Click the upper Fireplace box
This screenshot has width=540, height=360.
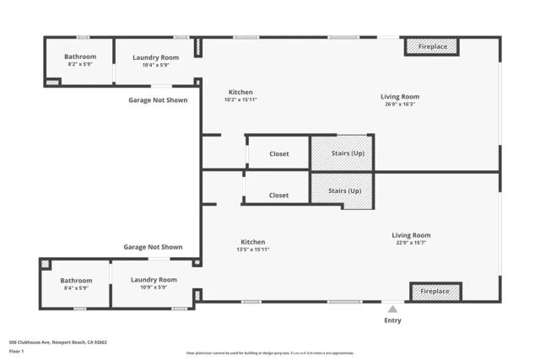point(432,47)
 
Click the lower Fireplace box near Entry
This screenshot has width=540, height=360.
point(435,291)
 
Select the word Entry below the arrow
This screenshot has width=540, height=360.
point(392,320)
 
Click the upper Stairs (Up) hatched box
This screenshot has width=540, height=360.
point(342,153)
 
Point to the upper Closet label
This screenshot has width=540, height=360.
point(278,154)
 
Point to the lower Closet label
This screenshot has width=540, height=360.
point(278,195)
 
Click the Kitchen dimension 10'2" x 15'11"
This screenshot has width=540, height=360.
point(240,99)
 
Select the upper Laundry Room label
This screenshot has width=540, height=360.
point(156,57)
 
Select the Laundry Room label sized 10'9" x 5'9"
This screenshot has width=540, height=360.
point(154,279)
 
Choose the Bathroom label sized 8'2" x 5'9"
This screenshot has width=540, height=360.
point(80,57)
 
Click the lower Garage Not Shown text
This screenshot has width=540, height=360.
point(153,247)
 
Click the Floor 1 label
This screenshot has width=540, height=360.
point(16,351)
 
